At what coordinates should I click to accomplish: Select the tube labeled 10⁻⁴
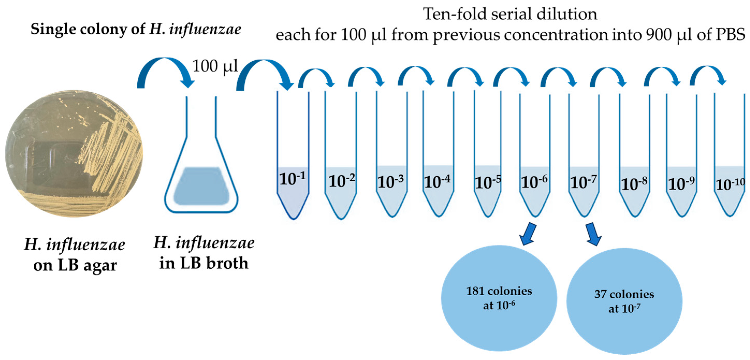(x=438, y=189)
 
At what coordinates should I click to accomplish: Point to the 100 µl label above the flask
(x=215, y=67)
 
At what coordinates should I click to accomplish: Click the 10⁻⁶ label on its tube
(x=534, y=182)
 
